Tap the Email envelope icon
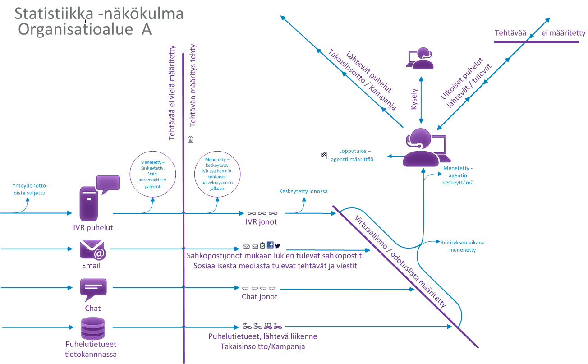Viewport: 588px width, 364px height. coord(93,250)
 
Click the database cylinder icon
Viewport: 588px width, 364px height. coord(93,328)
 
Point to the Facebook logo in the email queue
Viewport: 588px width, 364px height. coord(270,245)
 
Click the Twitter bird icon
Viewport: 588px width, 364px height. coord(277,246)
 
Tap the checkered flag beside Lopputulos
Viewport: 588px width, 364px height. coord(324,155)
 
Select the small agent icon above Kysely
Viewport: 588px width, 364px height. coord(420,58)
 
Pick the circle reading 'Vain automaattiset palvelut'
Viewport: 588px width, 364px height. coord(153,174)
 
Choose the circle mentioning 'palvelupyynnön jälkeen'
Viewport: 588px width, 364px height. coord(217,174)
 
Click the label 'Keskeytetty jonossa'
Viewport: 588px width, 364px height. coord(303,191)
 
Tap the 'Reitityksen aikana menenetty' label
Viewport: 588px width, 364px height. coord(462,246)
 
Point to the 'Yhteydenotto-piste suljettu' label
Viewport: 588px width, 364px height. coord(30,189)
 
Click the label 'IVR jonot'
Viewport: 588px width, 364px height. coord(261,222)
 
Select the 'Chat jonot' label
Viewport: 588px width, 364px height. coord(259,297)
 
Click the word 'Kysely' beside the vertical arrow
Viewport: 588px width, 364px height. coord(413,99)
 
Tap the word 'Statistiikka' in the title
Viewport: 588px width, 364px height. coord(54,14)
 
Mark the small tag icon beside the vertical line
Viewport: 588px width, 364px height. coord(191,139)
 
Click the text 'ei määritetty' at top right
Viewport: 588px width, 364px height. coord(563,33)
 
